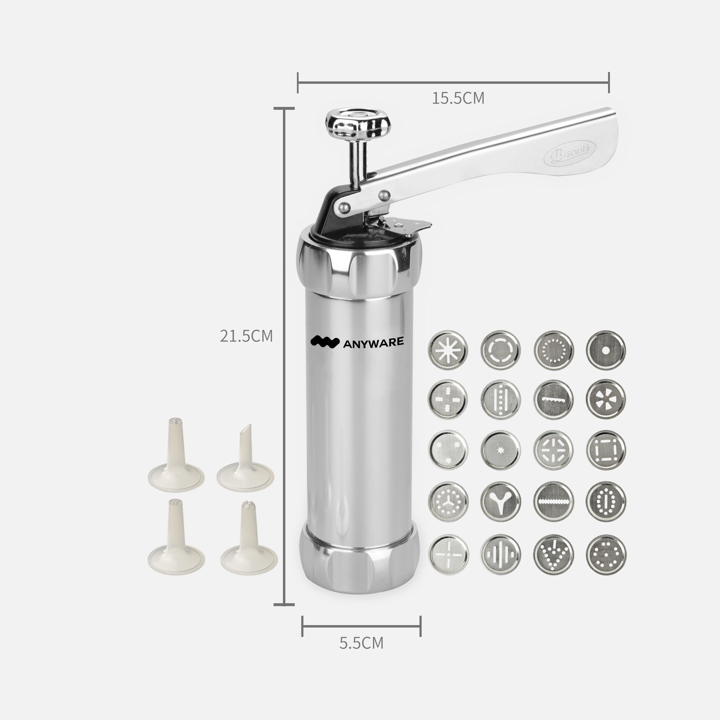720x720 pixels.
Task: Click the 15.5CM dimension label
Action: pos(458,98)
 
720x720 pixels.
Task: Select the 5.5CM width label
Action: pos(361,643)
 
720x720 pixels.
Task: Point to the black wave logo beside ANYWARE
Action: pos(325,341)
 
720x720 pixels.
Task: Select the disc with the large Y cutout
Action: pos(500,502)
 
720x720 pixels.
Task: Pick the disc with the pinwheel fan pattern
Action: pos(606,399)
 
